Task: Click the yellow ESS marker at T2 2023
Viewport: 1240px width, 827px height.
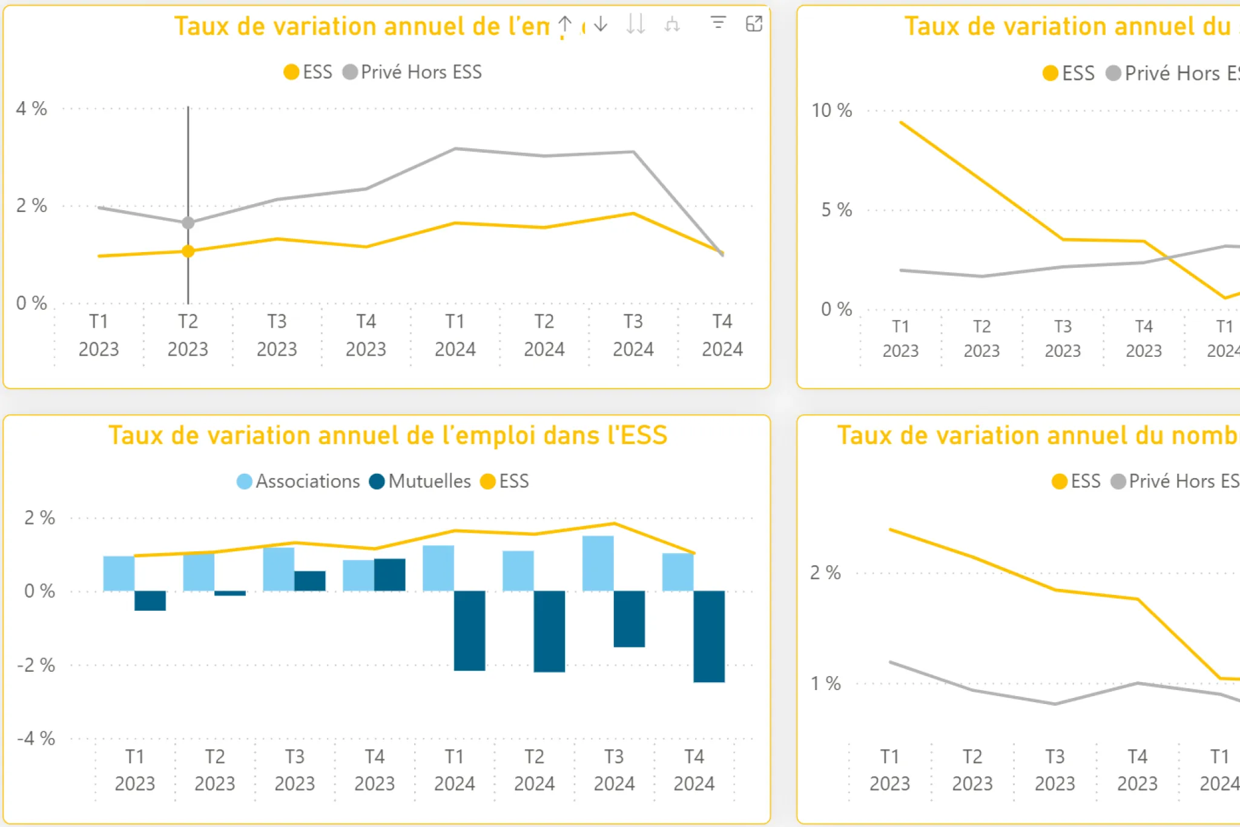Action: tap(188, 251)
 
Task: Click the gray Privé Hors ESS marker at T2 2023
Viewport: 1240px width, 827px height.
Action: tap(188, 223)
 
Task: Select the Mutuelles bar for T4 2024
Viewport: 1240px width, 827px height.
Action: tap(709, 636)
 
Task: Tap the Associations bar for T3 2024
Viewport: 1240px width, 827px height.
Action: tap(598, 563)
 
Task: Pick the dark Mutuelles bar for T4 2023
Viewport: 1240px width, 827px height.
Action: tap(390, 574)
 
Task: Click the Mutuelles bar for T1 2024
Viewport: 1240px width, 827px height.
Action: tap(469, 630)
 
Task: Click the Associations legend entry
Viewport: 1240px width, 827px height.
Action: tap(298, 482)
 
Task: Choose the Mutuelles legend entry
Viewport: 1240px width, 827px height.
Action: tap(420, 482)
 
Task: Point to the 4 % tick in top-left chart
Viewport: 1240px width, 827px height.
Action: tap(31, 109)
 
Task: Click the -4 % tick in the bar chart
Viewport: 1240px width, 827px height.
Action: tap(36, 739)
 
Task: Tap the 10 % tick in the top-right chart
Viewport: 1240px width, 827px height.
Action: tap(831, 111)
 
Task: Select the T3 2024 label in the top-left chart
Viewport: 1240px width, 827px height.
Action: tap(633, 335)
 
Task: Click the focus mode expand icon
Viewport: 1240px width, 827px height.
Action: tap(754, 24)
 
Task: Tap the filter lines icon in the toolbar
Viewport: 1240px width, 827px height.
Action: tap(718, 24)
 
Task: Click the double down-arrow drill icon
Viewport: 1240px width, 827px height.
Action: tap(636, 24)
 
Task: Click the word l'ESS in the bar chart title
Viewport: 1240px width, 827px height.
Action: tap(637, 436)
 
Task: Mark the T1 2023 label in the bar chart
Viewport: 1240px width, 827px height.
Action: tap(135, 769)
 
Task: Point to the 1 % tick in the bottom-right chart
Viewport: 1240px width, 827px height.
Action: tap(825, 684)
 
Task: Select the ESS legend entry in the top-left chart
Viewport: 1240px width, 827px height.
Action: tap(308, 72)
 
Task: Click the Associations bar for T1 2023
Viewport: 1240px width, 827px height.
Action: tap(119, 573)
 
